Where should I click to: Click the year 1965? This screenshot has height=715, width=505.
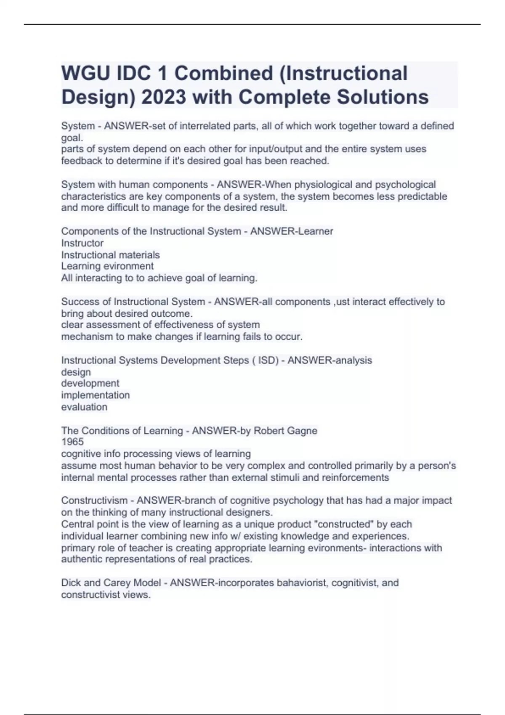click(x=72, y=442)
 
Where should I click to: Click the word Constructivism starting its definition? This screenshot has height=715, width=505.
click(x=94, y=500)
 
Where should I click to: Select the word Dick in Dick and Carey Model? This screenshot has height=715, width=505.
click(x=71, y=583)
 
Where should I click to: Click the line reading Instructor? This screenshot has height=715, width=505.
click(x=82, y=243)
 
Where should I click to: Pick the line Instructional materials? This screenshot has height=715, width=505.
click(x=110, y=255)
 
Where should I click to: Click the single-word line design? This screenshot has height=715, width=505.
click(x=76, y=372)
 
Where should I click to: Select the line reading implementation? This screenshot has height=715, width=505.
click(x=96, y=395)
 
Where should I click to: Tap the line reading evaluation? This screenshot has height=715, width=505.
click(x=84, y=407)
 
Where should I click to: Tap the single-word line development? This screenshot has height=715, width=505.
click(x=90, y=384)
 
